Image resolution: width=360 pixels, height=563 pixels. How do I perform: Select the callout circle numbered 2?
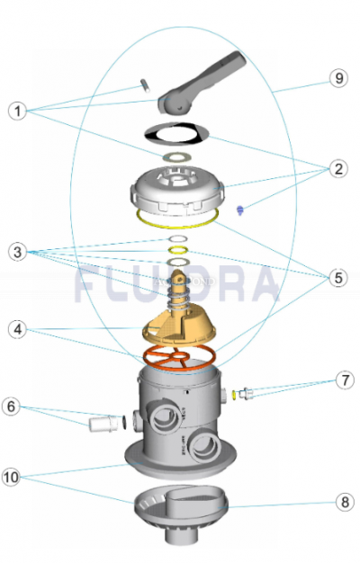tap(338, 167)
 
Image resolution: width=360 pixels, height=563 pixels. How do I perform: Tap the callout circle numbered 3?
tap(17, 253)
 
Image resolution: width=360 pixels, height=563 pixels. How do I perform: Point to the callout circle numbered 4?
tap(17, 329)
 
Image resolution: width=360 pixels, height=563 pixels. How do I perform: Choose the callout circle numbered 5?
tap(338, 278)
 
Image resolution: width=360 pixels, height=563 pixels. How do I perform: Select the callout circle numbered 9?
tap(338, 79)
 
